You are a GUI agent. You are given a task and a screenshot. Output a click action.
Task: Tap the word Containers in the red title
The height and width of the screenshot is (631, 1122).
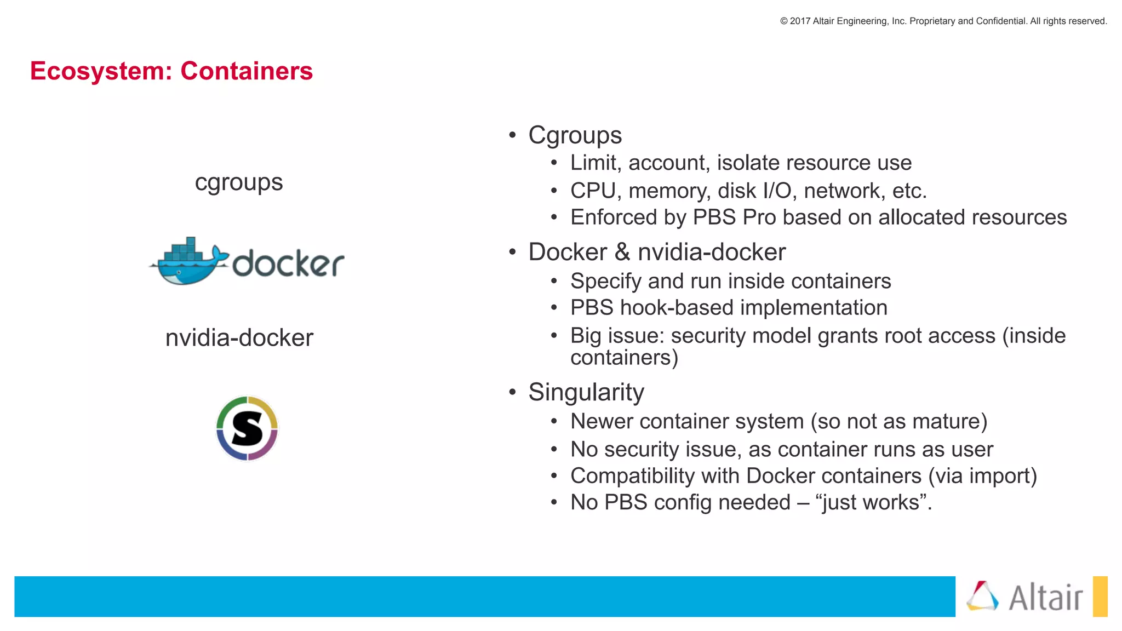click(x=247, y=71)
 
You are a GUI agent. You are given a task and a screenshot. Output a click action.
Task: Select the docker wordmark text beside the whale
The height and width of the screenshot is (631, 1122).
click(x=288, y=264)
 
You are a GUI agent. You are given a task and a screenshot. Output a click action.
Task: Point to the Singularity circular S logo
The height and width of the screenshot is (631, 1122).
click(x=247, y=428)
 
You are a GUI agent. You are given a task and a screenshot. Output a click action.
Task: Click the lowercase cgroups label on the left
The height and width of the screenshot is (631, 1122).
click(x=239, y=182)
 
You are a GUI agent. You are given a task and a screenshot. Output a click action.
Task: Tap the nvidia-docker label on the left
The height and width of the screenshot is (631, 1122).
click(x=239, y=338)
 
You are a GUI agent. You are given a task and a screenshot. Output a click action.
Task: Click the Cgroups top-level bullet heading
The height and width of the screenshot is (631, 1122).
click(x=575, y=135)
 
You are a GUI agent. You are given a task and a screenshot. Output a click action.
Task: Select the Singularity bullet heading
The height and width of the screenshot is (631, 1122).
click(x=586, y=392)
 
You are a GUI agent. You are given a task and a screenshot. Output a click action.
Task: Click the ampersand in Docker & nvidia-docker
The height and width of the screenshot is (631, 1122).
click(x=622, y=253)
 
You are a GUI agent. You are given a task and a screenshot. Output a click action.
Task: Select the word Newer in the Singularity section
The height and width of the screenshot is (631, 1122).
click(x=602, y=422)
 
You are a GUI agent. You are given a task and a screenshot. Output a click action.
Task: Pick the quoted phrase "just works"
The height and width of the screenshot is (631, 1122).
click(x=871, y=503)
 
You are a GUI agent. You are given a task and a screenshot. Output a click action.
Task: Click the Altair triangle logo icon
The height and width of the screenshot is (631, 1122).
click(x=982, y=596)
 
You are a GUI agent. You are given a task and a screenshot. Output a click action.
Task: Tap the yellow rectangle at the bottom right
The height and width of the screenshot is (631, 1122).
click(x=1100, y=596)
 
